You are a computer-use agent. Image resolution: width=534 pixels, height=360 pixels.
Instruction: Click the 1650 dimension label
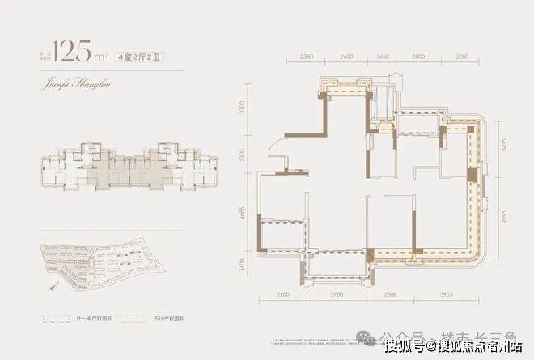[x=384, y=59]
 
